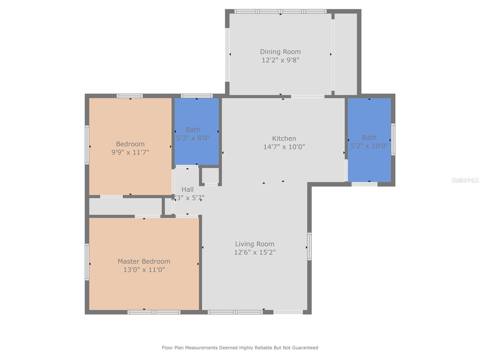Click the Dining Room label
280,52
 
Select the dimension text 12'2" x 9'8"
280,60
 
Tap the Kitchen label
284,138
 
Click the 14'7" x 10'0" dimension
284,147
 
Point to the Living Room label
254,244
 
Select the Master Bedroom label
144,261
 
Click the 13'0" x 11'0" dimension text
144,270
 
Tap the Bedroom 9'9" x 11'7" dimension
130,152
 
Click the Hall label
187,190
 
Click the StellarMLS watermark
465,180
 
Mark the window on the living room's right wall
309,246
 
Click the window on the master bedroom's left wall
87,262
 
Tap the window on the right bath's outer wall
393,139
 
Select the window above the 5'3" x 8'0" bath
196,96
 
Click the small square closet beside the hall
210,175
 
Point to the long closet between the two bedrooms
125,206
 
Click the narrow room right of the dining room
346,54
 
